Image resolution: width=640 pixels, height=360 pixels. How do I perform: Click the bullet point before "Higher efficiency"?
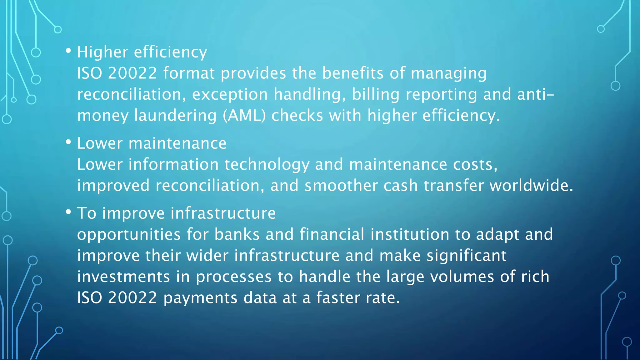point(68,51)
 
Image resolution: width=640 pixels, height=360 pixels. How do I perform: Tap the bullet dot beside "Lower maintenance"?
point(68,142)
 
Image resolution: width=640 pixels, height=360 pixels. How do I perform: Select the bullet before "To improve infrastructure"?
point(68,212)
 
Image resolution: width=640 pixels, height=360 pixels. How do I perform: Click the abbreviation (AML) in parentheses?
point(244,115)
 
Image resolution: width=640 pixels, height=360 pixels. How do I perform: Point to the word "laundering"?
point(175,115)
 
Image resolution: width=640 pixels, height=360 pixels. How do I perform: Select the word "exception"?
point(230,94)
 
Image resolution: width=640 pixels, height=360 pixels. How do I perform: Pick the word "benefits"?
point(352,73)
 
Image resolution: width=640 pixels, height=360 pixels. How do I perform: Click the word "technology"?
point(267,165)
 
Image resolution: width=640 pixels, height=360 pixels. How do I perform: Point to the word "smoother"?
point(341,185)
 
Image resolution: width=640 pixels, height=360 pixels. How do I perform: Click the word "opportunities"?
point(129,235)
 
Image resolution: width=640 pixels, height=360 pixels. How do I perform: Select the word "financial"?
point(332,234)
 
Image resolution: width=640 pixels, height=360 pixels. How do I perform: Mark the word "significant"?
point(466,256)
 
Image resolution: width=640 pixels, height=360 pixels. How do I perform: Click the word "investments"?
point(123,277)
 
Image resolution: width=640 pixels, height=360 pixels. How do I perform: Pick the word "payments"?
point(200,298)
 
